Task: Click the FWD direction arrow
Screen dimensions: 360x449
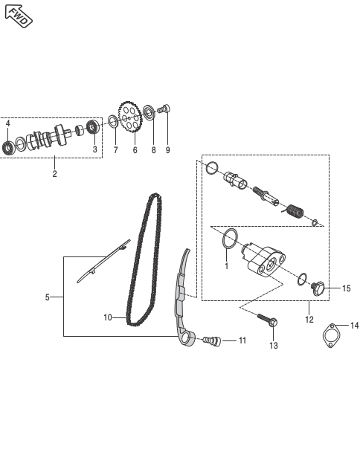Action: pos(19,16)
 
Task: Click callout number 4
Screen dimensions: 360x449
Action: pos(7,123)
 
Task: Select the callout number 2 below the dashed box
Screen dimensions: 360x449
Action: pos(54,173)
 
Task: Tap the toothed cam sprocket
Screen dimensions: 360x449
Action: pos(130,117)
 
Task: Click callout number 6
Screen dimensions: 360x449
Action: pos(135,150)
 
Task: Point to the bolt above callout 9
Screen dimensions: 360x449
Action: pos(164,109)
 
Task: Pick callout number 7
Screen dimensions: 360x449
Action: pos(115,150)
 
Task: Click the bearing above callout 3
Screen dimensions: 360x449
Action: pos(93,126)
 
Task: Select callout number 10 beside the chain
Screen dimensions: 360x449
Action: pos(108,317)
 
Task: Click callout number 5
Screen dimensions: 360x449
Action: pos(48,297)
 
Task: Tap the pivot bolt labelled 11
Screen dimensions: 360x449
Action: pos(211,340)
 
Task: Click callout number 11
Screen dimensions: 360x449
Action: pos(242,340)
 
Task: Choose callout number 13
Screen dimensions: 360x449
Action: pos(274,346)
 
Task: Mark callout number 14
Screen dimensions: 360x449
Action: pos(355,326)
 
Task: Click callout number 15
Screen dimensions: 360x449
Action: pos(347,288)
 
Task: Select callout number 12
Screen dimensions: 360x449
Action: pos(309,320)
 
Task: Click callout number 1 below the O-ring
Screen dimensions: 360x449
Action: pos(226,266)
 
